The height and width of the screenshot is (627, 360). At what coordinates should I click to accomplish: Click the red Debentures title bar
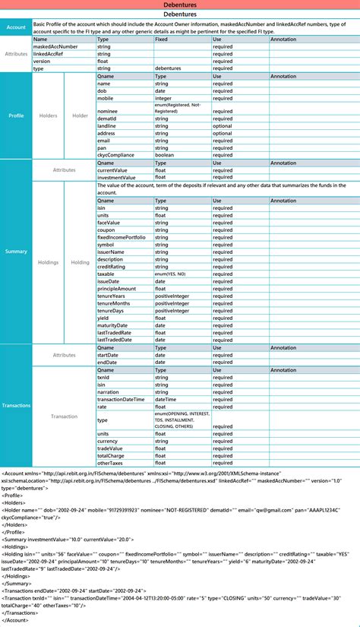coord(180,5)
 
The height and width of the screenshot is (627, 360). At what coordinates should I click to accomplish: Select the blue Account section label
coord(16,27)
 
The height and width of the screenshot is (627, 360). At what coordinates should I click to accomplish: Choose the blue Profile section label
coord(16,116)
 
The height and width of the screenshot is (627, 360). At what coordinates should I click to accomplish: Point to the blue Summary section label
coord(16,252)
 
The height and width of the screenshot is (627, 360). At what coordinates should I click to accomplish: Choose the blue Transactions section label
coord(16,405)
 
